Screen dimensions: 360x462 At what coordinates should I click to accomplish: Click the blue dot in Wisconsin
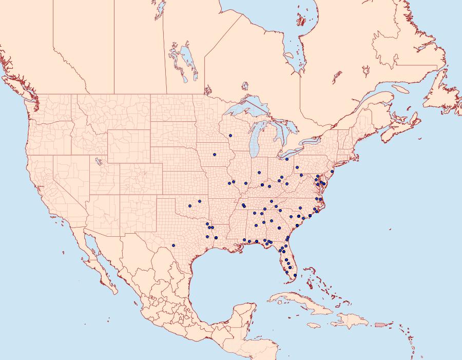pos(230,136)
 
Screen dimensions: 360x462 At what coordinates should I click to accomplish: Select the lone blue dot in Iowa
pos(215,155)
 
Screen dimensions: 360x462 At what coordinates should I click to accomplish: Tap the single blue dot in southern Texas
pos(174,245)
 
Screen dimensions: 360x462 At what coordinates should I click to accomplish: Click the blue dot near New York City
pos(332,170)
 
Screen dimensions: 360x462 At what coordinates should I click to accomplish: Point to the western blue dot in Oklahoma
pos(189,206)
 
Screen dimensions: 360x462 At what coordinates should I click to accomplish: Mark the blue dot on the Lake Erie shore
pos(286,159)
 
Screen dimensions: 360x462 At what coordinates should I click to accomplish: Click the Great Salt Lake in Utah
pos(97,161)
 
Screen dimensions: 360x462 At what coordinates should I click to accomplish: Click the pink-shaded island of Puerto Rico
pos(380,324)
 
